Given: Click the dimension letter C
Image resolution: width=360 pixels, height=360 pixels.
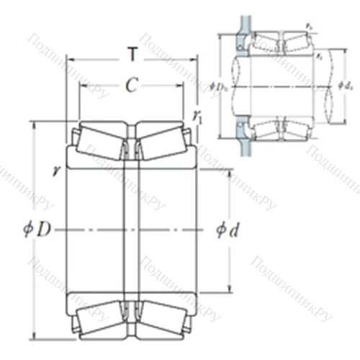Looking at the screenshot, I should coord(130,86).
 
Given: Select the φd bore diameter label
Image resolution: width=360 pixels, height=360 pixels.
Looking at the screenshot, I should coord(229,230).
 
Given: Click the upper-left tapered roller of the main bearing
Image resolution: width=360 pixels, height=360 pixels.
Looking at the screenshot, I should coord(101,140).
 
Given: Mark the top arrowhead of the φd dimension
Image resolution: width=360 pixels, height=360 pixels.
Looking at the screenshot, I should coord(230,174).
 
